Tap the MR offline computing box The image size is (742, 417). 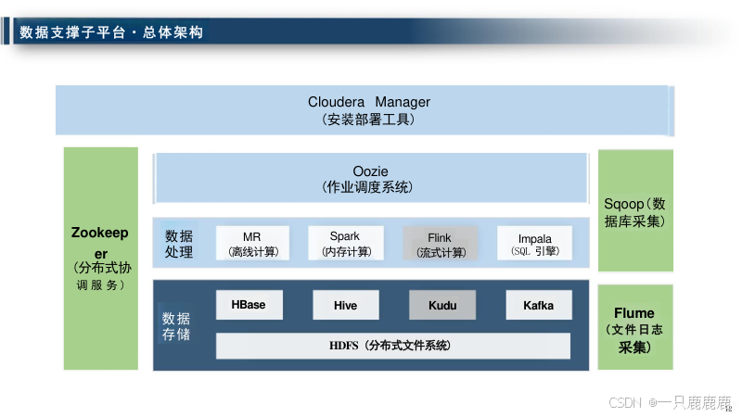point(252,244)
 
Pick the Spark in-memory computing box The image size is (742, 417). point(345,244)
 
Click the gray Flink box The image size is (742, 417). point(440,244)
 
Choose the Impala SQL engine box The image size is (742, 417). point(534,244)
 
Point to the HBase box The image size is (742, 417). point(249,305)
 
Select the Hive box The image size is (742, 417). point(345,305)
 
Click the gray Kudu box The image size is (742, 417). point(442,305)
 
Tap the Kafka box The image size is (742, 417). point(538,305)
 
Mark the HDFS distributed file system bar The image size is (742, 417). point(392,346)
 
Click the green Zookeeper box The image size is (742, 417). point(101,258)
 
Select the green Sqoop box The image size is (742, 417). point(635,212)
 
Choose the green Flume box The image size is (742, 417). point(635,327)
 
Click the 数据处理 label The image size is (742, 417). point(179,244)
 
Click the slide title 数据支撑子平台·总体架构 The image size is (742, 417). point(111,32)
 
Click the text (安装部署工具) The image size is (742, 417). point(369,120)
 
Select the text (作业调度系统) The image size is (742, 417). point(369,188)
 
